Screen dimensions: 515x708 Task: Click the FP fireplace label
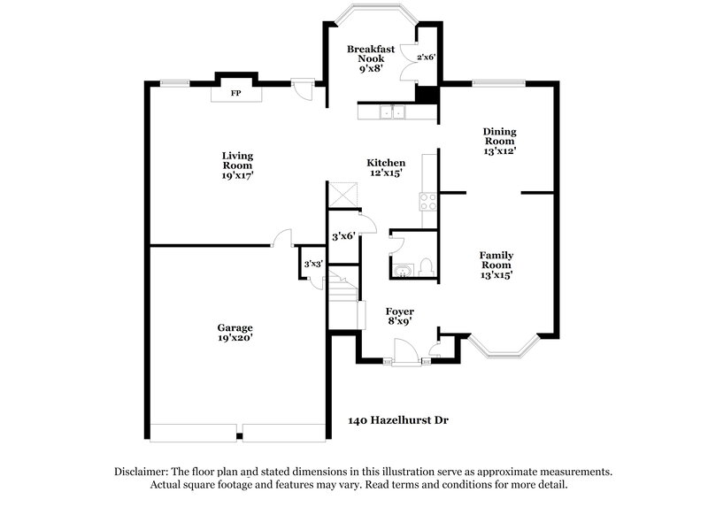tap(235, 93)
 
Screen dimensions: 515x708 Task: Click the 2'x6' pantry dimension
tap(426, 57)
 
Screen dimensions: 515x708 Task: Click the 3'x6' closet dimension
tap(342, 236)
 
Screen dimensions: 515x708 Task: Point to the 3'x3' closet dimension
tap(312, 264)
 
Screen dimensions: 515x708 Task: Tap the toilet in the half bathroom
tap(425, 265)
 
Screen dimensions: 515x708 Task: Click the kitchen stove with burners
tap(430, 200)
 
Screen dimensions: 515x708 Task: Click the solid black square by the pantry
tap(427, 95)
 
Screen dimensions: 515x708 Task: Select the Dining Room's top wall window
tap(500, 84)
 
